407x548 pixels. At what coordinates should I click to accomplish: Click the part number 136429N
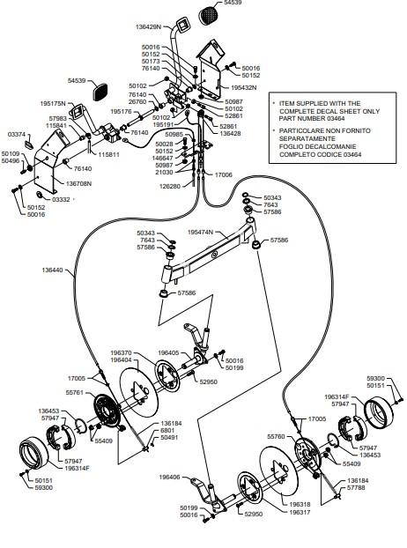148,26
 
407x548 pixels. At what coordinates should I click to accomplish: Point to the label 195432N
243,87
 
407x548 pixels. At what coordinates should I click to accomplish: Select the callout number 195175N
53,103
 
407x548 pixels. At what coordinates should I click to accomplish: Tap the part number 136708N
78,183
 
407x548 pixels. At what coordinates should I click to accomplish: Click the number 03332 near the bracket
61,200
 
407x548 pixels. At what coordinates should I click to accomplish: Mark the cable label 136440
52,270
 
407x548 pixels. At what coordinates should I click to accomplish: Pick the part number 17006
223,174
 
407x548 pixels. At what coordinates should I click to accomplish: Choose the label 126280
170,186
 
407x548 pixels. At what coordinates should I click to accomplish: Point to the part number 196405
168,352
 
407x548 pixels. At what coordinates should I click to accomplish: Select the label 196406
169,477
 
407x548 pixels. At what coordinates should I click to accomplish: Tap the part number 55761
74,392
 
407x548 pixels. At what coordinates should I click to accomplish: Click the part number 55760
276,436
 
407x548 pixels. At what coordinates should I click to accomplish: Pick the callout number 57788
356,487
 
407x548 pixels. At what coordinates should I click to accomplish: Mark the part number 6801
167,430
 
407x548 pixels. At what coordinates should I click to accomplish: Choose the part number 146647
163,158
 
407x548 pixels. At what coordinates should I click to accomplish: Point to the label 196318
300,504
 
